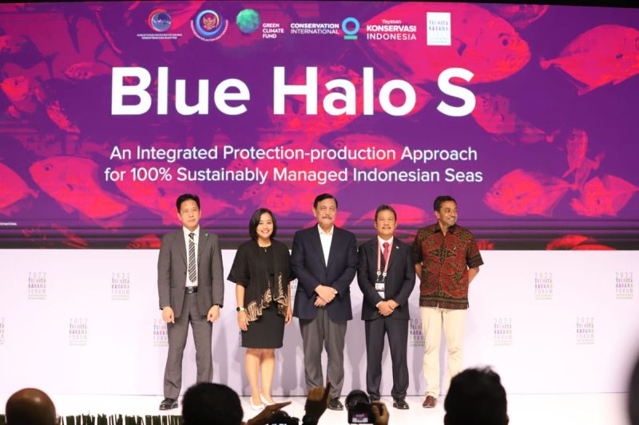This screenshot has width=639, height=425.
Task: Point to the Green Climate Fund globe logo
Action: click(248, 22)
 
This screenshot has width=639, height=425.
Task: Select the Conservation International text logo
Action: click(315, 28)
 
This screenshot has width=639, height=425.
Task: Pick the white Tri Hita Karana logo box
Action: click(439, 29)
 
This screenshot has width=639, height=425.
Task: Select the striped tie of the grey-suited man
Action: click(192, 257)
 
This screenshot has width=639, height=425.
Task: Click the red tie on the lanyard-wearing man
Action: click(385, 257)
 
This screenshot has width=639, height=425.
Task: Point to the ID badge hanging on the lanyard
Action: click(380, 288)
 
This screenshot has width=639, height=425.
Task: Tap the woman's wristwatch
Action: click(240, 309)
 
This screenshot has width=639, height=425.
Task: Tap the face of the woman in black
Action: click(261, 226)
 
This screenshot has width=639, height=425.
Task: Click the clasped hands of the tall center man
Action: click(325, 294)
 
